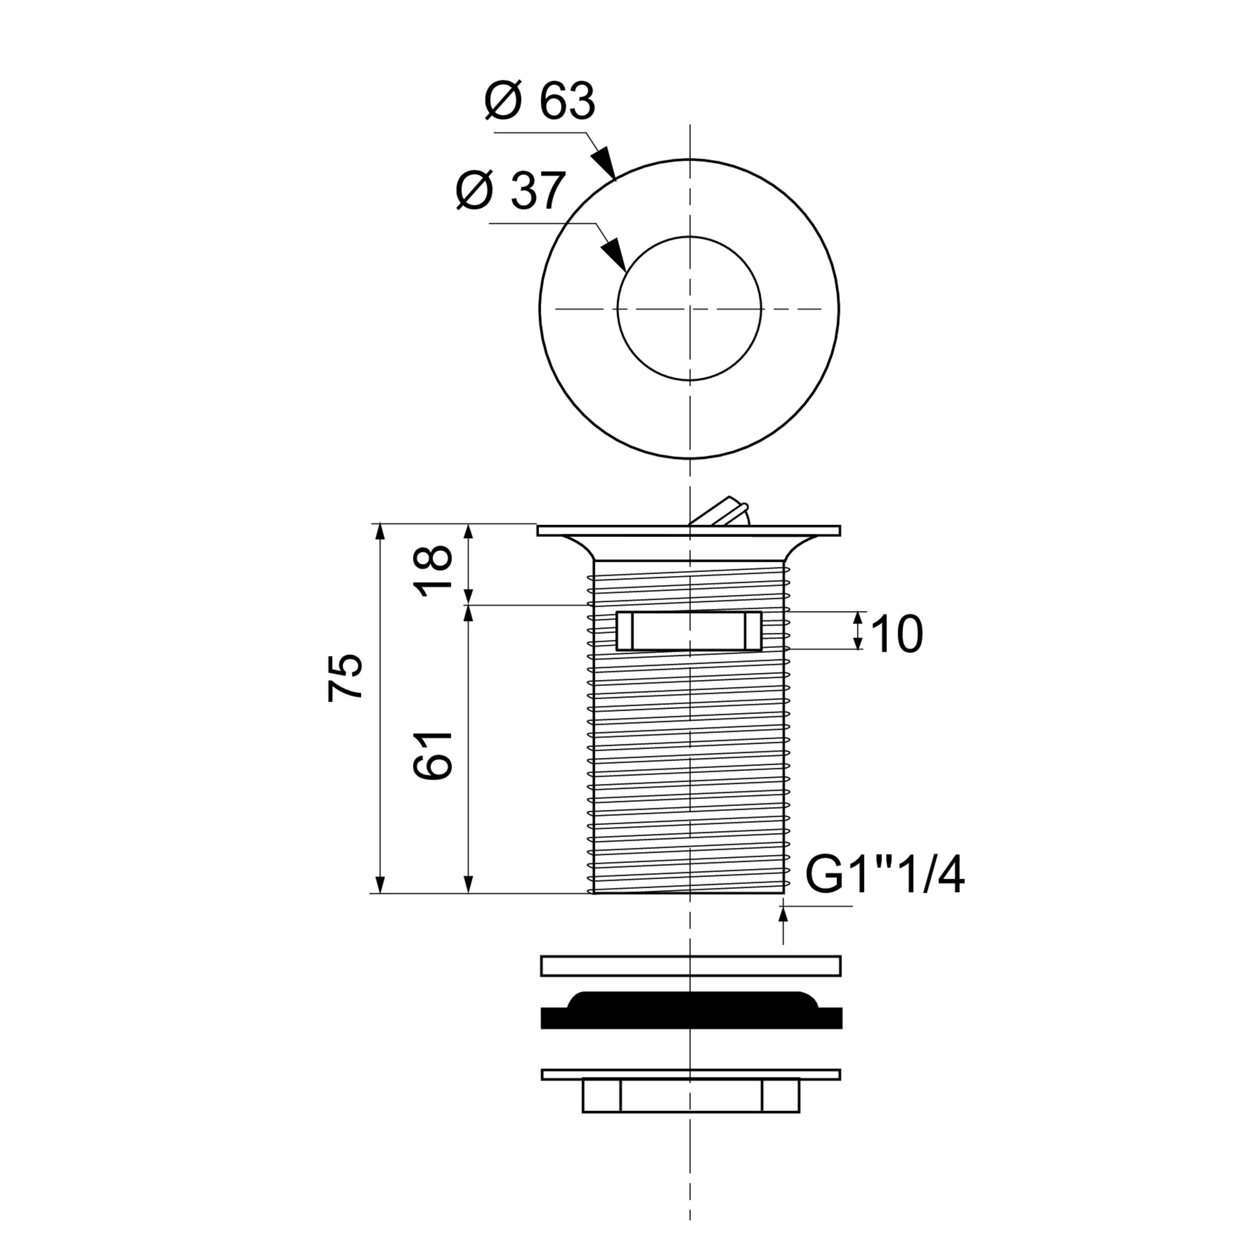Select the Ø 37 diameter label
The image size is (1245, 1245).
click(510, 191)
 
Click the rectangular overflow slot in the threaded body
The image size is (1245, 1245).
click(689, 631)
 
